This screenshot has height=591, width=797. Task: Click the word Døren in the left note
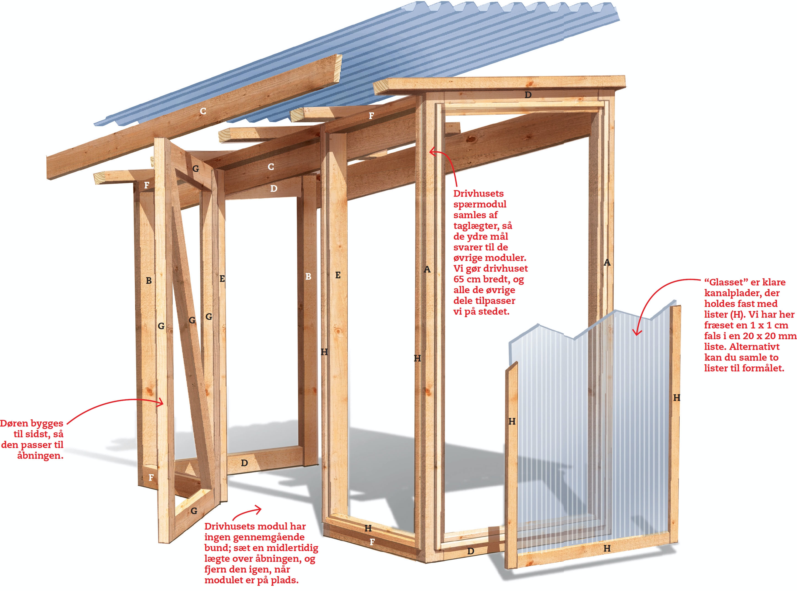coord(15,423)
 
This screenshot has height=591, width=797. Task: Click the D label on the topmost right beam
coord(528,95)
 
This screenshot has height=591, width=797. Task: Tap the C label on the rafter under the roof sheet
coord(203,111)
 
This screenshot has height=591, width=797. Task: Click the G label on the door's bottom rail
coord(194,511)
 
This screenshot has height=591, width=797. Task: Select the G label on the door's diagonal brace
coord(192,320)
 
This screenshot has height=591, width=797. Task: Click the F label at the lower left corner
coord(151,477)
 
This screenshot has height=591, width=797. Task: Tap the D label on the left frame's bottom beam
coord(245,463)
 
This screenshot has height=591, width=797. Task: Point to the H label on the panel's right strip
coord(677,398)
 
